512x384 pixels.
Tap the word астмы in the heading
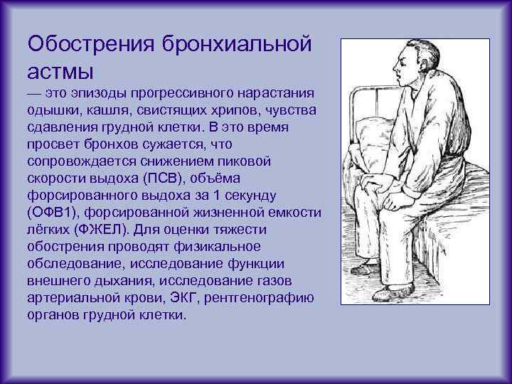[x=60, y=70]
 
